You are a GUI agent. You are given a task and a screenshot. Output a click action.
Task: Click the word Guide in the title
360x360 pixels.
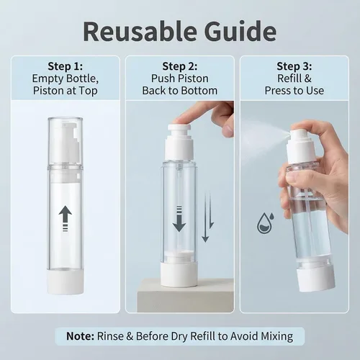pyautogui.click(x=240, y=32)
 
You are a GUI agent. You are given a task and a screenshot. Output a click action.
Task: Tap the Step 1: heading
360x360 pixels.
pyautogui.click(x=65, y=66)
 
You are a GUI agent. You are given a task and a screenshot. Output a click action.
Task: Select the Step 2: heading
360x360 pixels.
pyautogui.click(x=180, y=66)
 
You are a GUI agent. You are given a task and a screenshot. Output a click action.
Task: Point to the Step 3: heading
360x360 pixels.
pyautogui.click(x=294, y=66)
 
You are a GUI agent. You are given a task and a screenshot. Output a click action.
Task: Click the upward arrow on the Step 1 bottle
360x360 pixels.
pyautogui.click(x=66, y=219)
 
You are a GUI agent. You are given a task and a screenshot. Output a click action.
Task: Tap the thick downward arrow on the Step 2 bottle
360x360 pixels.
pyautogui.click(x=179, y=219)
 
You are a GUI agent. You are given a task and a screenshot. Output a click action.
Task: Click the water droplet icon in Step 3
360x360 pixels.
pyautogui.click(x=266, y=223)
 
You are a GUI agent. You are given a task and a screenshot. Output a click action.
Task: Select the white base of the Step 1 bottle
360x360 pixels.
pyautogui.click(x=66, y=282)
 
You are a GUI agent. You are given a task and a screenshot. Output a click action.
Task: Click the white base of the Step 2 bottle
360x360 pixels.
pyautogui.click(x=179, y=274)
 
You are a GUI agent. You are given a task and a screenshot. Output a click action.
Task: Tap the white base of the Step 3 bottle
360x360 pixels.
pyautogui.click(x=315, y=280)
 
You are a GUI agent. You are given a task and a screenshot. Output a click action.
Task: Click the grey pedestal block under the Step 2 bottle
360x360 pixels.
pyautogui.click(x=185, y=295)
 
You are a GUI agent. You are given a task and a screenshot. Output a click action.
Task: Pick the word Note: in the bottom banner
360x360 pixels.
pyautogui.click(x=80, y=336)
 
